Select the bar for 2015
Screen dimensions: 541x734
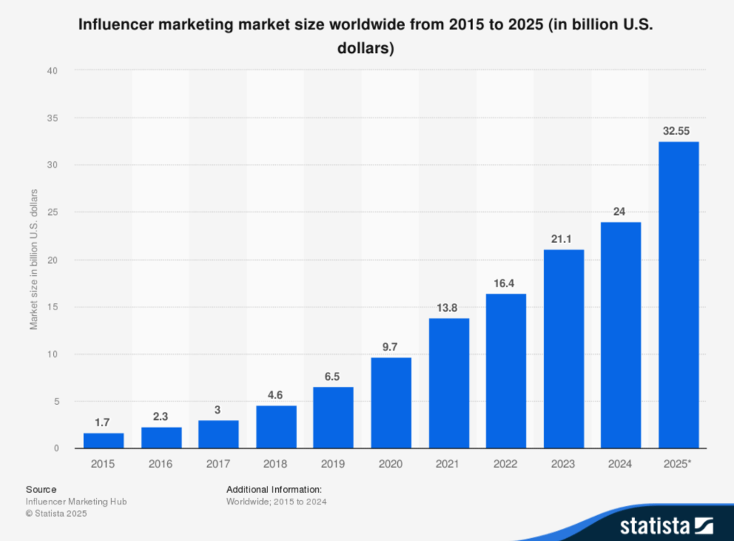coord(103,441)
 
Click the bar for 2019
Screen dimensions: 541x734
coord(333,418)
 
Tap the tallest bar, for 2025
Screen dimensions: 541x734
coord(678,295)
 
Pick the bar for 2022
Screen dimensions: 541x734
coord(506,371)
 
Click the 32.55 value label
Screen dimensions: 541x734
coord(678,132)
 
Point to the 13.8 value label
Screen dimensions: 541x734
coord(449,308)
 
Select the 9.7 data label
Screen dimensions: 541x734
coord(391,347)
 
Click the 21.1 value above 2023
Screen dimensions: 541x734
coord(563,239)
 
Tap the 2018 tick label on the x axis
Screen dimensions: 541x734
coord(276,464)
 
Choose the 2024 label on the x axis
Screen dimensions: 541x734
coord(621,464)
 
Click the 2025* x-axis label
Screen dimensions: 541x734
coord(679,464)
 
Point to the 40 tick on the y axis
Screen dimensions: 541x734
coord(52,70)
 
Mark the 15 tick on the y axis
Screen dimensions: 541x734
coord(52,307)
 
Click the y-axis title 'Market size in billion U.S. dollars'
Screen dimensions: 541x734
coord(34,259)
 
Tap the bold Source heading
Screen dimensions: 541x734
coord(41,489)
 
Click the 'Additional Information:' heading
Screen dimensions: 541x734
coord(274,489)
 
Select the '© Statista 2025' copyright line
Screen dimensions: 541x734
coord(58,514)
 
